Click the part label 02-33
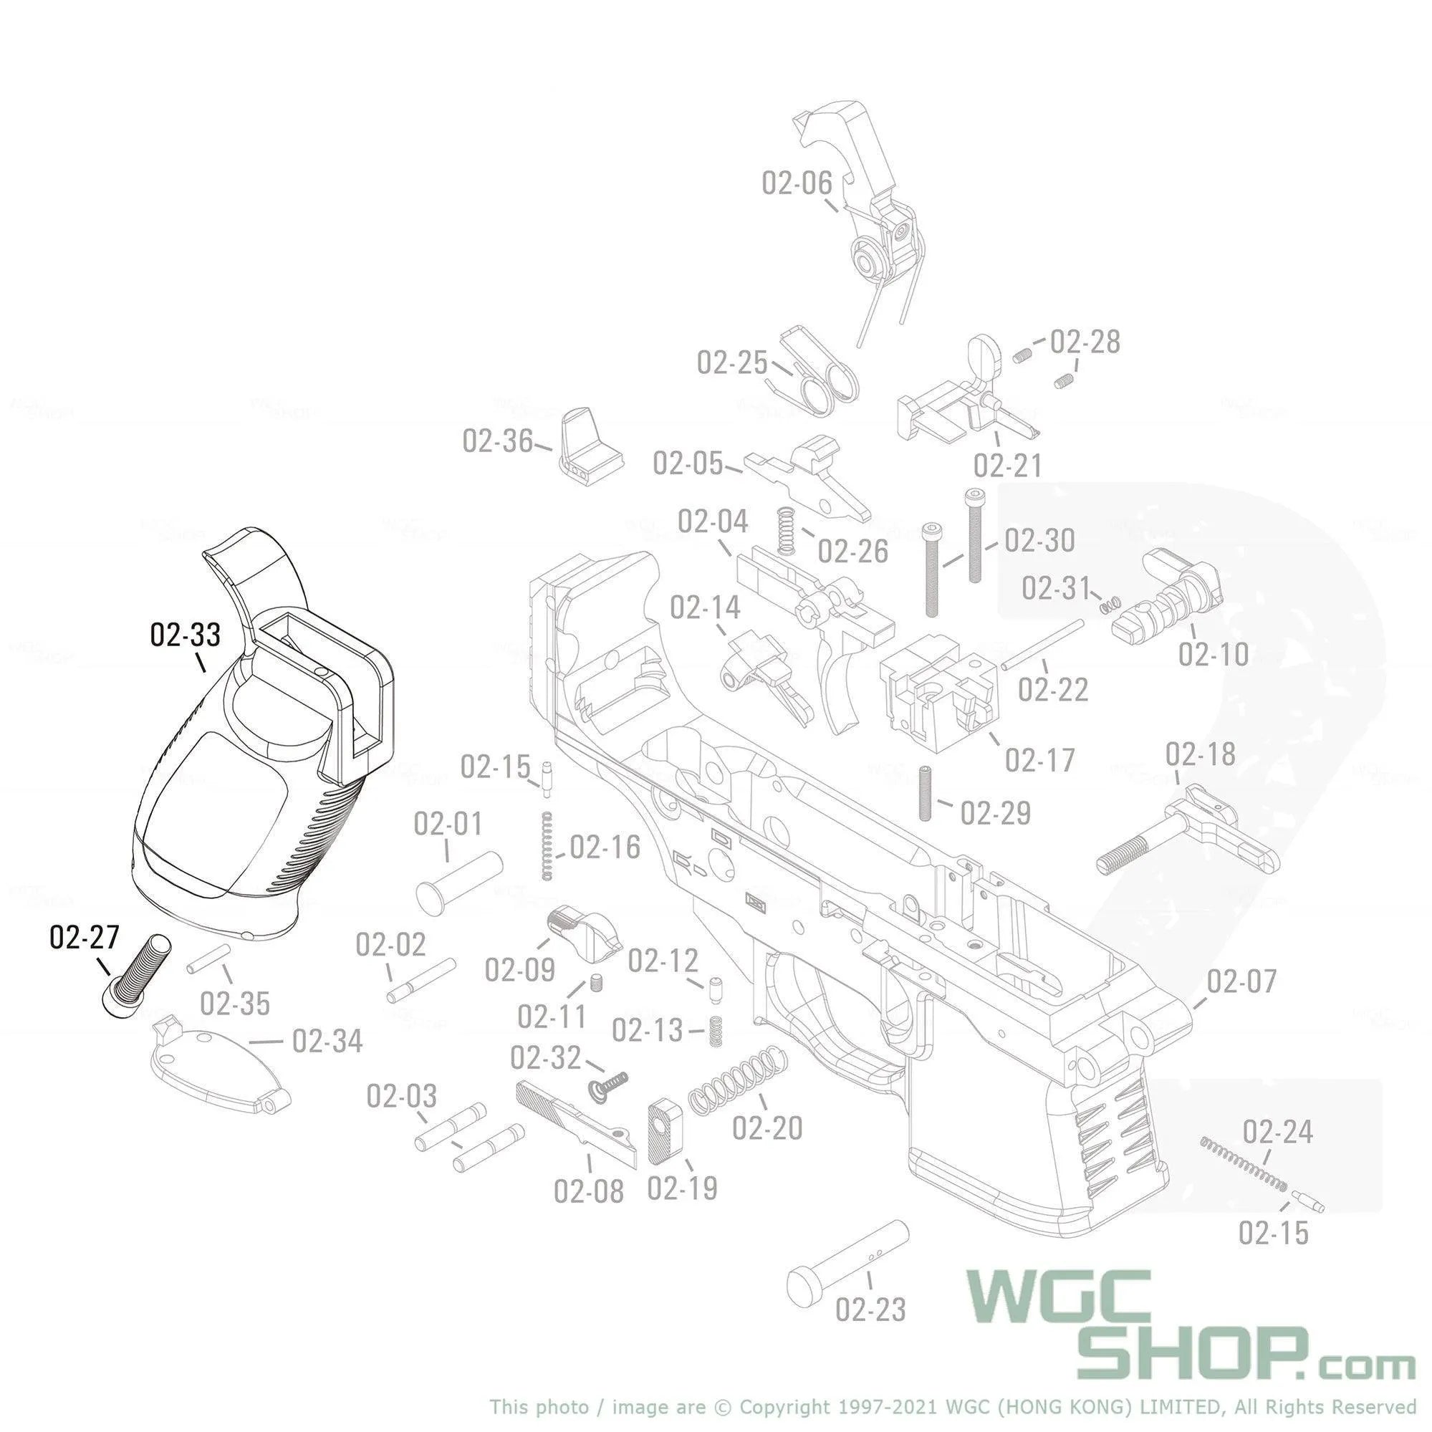tap(185, 635)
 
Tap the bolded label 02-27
tap(84, 938)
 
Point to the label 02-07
tap(1241, 981)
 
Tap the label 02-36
tap(496, 441)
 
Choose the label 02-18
tap(1200, 754)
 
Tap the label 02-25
tap(731, 362)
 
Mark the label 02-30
tap(1039, 540)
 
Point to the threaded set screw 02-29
tap(924, 793)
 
